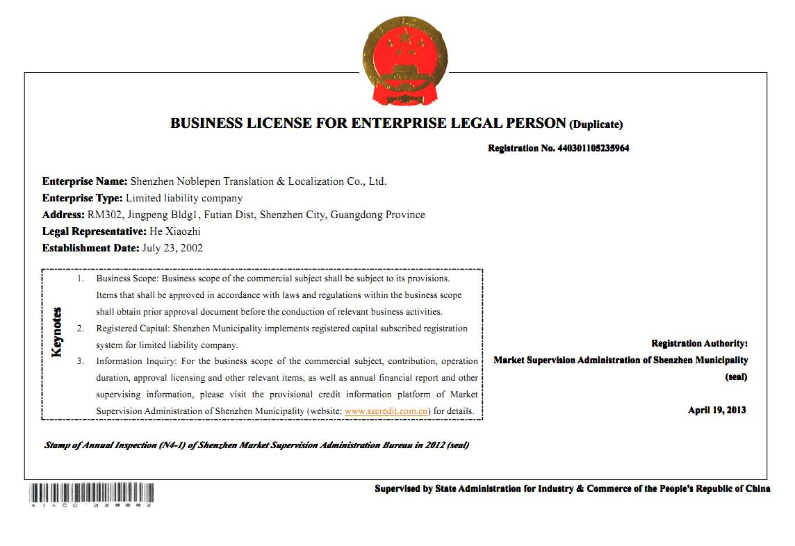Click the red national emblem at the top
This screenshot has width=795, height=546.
point(404,60)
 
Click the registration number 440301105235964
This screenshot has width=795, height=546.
point(592,148)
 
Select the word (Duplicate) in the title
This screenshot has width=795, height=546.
point(596,125)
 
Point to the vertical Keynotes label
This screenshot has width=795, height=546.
point(57,332)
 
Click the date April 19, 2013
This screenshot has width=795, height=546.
point(716,410)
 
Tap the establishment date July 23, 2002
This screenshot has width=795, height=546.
point(172,248)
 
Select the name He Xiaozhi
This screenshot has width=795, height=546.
point(174,231)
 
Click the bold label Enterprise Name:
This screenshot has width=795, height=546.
point(85,181)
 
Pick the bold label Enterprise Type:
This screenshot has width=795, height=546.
point(82,198)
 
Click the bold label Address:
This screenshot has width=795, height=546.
point(63,215)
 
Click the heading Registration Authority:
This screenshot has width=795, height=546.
point(699,343)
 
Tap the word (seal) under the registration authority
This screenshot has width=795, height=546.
point(736,377)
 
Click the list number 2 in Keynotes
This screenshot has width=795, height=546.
point(81,328)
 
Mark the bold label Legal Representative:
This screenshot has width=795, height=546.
point(95,231)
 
